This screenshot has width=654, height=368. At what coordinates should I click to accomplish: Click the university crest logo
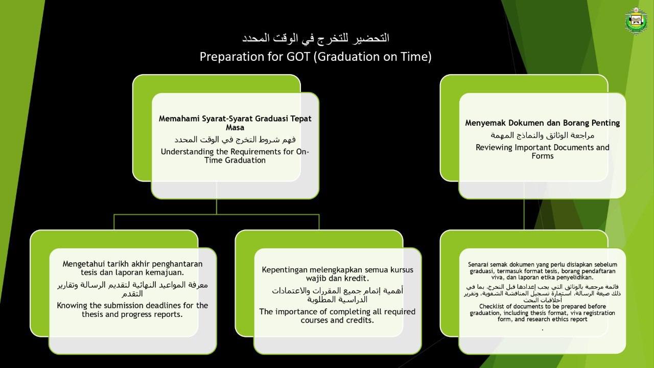pyautogui.click(x=637, y=21)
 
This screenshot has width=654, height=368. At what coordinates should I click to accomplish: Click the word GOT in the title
pyautogui.click(x=298, y=57)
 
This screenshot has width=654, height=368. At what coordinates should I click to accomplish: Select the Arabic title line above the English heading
pyautogui.click(x=316, y=38)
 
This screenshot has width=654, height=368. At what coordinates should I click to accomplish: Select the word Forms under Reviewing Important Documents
pyautogui.click(x=543, y=156)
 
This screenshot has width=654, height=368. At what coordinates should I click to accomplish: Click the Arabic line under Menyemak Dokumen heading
pyautogui.click(x=543, y=135)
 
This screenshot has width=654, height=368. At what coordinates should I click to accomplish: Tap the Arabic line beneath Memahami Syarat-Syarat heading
pyautogui.click(x=235, y=140)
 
